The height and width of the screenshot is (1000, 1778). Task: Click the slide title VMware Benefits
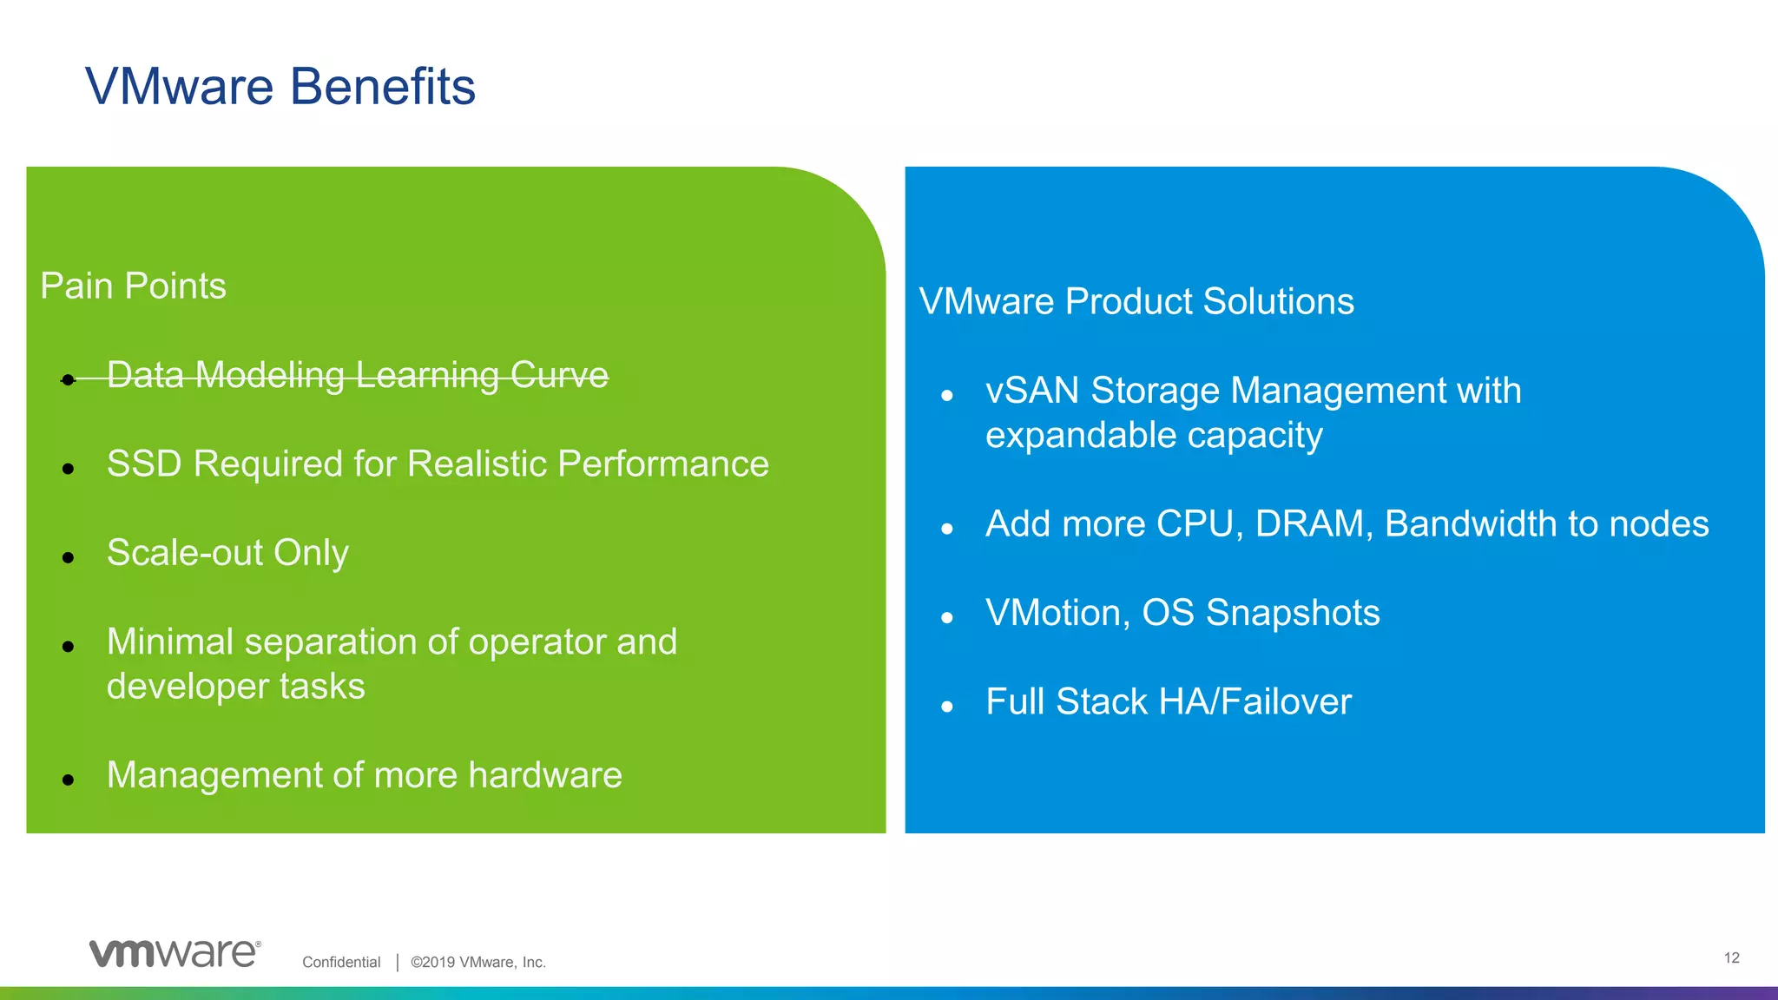280,87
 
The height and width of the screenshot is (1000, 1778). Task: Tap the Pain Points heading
133,286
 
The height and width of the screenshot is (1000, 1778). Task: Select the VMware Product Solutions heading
1136,301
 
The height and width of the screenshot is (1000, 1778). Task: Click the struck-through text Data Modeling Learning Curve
357,375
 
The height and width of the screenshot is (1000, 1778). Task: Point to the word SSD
144,464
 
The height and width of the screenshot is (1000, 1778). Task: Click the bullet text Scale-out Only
227,553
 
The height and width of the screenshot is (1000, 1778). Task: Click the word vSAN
1032,391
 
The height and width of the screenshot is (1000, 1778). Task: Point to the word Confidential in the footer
341,962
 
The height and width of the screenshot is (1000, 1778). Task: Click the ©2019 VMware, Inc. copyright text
478,962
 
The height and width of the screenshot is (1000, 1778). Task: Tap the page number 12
1731,957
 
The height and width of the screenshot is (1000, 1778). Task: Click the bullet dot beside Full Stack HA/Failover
946,707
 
